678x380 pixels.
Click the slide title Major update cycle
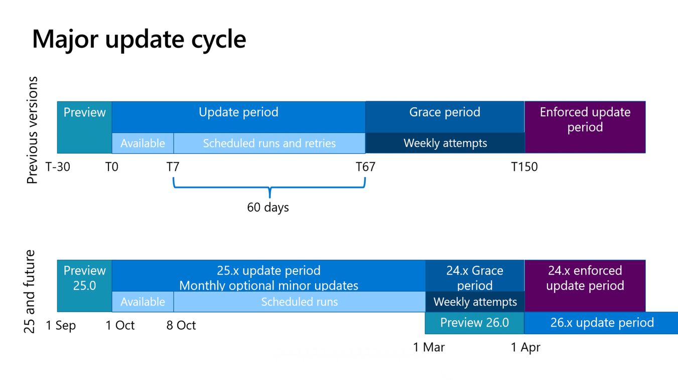(x=139, y=39)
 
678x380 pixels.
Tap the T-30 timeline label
(x=58, y=167)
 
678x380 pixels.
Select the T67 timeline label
(x=365, y=167)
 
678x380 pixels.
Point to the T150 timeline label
(x=524, y=167)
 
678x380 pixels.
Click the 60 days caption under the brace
(x=268, y=207)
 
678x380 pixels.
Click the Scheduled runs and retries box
(x=269, y=143)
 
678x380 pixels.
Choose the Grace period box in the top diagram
(x=445, y=112)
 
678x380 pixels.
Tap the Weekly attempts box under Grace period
(x=445, y=143)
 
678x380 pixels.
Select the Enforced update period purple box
(x=585, y=127)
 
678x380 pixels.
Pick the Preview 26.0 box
(x=474, y=323)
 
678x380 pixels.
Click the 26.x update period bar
(x=601, y=323)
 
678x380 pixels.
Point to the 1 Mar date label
(x=429, y=347)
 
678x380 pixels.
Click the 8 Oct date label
(x=181, y=325)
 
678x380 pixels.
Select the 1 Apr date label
(x=525, y=347)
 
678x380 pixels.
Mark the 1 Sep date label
(x=61, y=325)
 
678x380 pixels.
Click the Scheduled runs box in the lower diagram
(x=299, y=302)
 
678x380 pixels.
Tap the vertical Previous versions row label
(x=32, y=130)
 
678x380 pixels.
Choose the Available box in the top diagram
(x=143, y=143)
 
